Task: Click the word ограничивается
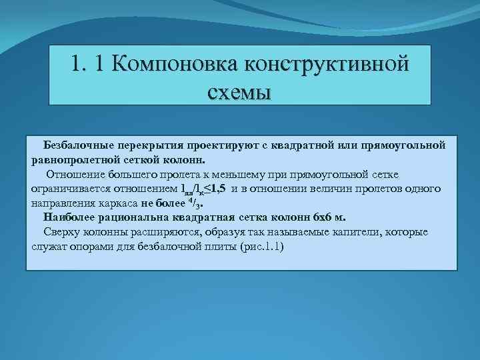[x=67, y=189]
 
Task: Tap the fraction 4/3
[x=194, y=203]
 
